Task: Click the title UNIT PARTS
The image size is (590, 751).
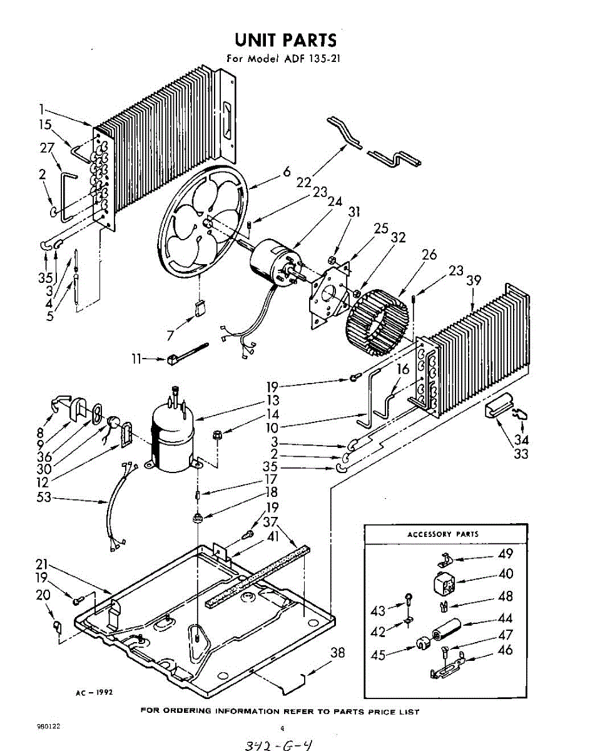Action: [285, 39]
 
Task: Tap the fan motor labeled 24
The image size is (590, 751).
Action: [272, 263]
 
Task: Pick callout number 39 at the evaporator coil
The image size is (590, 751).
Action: [474, 280]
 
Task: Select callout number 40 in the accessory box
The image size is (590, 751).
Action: [505, 573]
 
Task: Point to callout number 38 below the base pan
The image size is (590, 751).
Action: [337, 653]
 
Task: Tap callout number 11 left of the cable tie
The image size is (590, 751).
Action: [137, 359]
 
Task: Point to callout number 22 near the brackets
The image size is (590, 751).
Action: [304, 182]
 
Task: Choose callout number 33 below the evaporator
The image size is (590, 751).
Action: [521, 452]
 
